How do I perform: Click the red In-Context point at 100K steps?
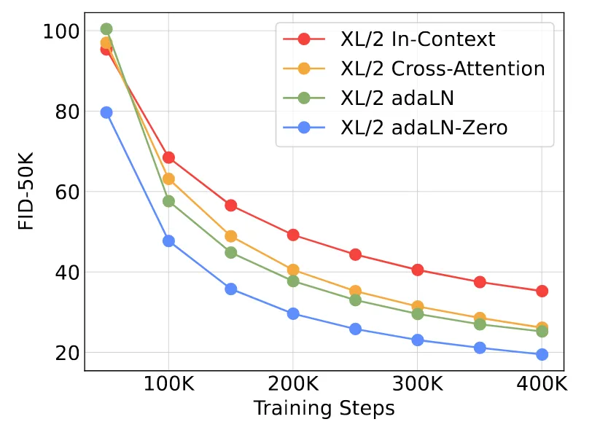pos(168,157)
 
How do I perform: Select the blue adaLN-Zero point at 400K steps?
pos(542,354)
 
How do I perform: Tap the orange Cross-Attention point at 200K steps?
pos(293,270)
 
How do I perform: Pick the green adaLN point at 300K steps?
pos(418,314)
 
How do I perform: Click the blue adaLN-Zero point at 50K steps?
pos(106,112)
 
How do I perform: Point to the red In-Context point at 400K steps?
pos(542,291)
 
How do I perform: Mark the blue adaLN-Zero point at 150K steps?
pos(231,289)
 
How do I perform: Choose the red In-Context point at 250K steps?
pos(355,254)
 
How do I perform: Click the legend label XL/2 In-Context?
pos(418,39)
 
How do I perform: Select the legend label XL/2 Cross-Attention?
pos(443,69)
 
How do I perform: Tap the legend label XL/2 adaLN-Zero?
pos(424,128)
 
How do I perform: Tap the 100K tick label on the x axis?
pos(168,383)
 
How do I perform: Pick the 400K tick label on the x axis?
pos(542,383)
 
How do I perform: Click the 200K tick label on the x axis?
pos(293,383)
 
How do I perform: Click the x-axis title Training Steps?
pos(324,408)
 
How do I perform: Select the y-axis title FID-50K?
pos(27,192)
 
